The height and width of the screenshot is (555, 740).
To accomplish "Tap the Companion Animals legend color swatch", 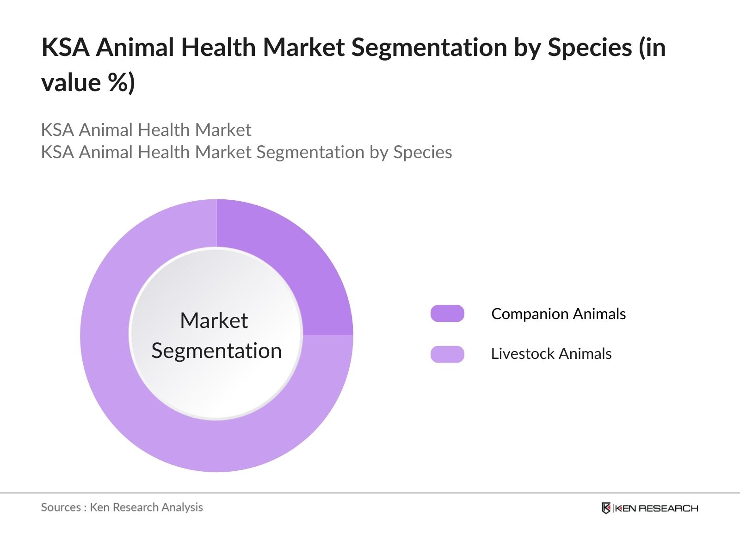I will [447, 314].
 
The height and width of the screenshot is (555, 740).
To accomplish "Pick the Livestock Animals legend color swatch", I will [447, 354].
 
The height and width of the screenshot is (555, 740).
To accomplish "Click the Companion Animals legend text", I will [558, 314].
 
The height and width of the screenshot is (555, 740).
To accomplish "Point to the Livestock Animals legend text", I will [551, 354].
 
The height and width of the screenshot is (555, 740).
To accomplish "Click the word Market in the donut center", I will [214, 321].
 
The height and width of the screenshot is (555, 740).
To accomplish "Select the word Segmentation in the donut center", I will [216, 351].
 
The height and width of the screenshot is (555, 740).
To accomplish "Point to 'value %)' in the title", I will [88, 83].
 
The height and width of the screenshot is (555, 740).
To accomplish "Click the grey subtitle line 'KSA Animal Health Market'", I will [146, 130].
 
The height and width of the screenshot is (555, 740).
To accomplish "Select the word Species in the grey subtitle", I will [422, 152].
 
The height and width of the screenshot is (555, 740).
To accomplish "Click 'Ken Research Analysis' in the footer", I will [146, 507].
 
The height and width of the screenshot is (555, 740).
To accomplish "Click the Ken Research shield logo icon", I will [606, 508].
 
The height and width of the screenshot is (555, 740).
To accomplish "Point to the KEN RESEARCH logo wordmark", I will [655, 508].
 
